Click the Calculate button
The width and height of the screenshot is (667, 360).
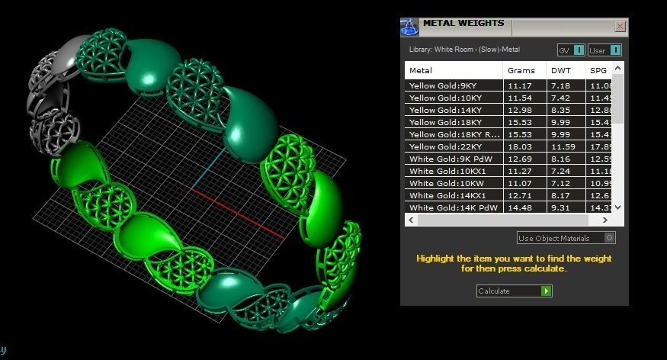pyautogui.click(x=514, y=291)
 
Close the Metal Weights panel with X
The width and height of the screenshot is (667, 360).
pyautogui.click(x=620, y=27)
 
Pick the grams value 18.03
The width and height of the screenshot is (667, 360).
pyautogui.click(x=520, y=146)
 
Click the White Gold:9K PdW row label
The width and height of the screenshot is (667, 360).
pyautogui.click(x=449, y=159)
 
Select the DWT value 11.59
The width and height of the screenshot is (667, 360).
pyautogui.click(x=563, y=146)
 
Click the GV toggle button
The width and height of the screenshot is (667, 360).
pyautogui.click(x=571, y=50)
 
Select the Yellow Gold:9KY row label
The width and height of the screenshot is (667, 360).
pyautogui.click(x=444, y=85)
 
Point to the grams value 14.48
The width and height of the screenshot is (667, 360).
pyautogui.click(x=520, y=207)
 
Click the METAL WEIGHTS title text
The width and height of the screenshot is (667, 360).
pyautogui.click(x=463, y=24)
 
